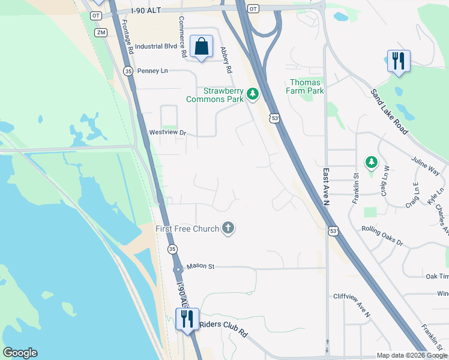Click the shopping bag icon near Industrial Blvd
pos(201,46)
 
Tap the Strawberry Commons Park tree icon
pos(253,94)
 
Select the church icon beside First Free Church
pos(228,228)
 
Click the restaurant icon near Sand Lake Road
pos(399,61)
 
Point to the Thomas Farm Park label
pos(307,86)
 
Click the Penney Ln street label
pos(152,71)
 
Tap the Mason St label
pos(200,266)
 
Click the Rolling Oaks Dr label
pos(382,235)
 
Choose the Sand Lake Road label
pos(389,112)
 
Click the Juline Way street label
pos(425,165)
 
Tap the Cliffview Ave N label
pos(352,305)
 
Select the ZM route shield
pos(100,32)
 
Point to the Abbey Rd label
pos(226,60)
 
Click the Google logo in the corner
pos(20,353)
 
